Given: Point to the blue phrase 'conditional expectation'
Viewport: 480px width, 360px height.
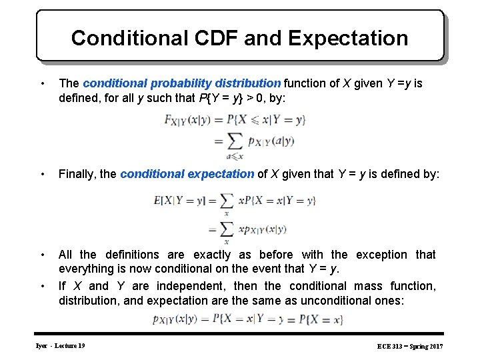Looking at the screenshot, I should point(187,174).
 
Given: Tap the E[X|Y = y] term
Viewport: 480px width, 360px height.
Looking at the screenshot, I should point(180,200).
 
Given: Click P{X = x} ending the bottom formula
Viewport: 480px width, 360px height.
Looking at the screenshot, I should point(321,319).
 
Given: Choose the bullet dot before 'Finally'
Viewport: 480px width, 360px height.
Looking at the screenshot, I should point(43,174).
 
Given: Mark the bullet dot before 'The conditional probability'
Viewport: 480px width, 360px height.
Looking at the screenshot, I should point(43,83).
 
